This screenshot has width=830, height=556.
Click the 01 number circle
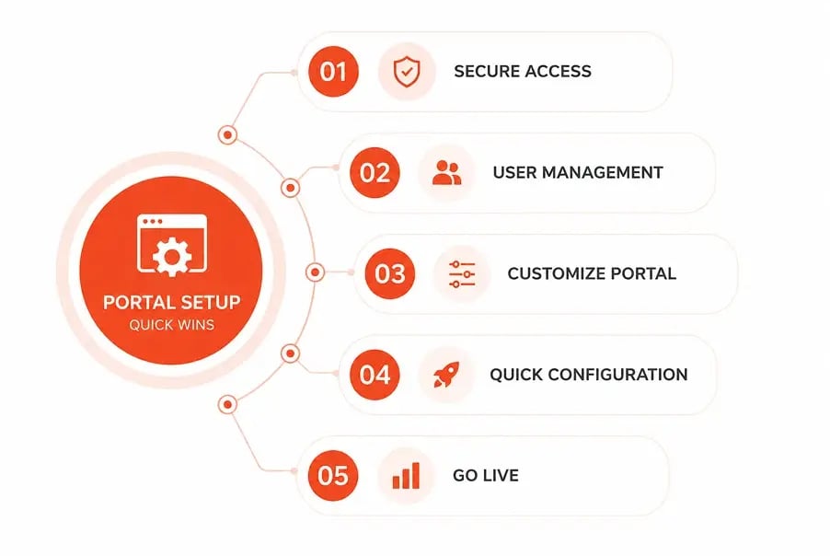click(333, 72)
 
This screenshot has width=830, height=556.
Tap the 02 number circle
click(375, 173)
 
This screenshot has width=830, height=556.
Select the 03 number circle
click(389, 273)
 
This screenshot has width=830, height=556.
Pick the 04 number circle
click(375, 375)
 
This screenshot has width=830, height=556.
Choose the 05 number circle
click(333, 476)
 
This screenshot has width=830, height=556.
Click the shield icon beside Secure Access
click(407, 72)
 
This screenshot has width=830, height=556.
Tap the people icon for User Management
click(447, 173)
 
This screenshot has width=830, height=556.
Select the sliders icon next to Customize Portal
click(462, 273)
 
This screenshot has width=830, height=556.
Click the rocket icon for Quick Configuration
click(447, 375)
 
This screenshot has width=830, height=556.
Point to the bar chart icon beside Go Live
click(406, 476)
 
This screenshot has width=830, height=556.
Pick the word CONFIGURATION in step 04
click(617, 375)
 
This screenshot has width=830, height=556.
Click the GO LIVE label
click(486, 476)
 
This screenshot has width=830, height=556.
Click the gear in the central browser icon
click(172, 257)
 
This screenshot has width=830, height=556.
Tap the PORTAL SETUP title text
click(171, 302)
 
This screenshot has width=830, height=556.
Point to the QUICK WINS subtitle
click(171, 325)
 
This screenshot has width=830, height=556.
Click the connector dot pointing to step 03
click(316, 272)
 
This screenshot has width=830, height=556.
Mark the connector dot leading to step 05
click(227, 404)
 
